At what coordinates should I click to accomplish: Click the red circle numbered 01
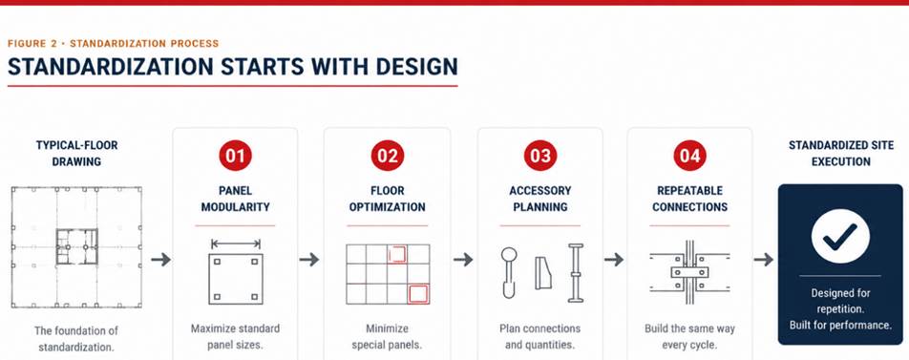tap(235, 156)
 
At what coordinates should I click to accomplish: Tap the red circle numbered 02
tap(388, 156)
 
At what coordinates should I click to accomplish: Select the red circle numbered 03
tap(539, 156)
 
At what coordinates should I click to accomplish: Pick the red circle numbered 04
tap(689, 156)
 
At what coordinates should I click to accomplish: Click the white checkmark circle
tap(840, 236)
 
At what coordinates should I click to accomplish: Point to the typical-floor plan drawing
tap(76, 247)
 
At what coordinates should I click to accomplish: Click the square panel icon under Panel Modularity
tap(235, 279)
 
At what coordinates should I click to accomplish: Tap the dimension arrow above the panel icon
tap(235, 244)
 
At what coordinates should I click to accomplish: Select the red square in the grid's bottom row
tap(418, 294)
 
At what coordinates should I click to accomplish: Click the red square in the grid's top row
tap(397, 254)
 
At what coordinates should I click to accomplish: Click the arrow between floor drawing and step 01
tap(160, 259)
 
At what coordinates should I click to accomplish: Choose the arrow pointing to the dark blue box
tap(764, 259)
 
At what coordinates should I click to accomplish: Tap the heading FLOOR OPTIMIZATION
tap(388, 199)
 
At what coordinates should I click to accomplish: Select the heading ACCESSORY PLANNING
tap(539, 199)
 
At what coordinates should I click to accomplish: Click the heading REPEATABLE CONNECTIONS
tap(689, 199)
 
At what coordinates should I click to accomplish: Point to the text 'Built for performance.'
tap(840, 326)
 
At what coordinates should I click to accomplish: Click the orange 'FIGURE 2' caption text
tap(35, 44)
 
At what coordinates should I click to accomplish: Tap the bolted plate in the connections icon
tap(689, 271)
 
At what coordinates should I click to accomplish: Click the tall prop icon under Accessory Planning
tap(576, 272)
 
